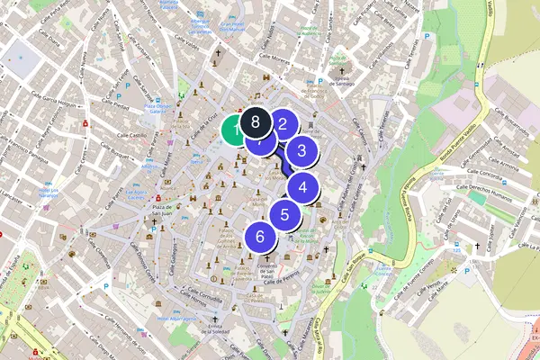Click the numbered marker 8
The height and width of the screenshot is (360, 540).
click(256, 121)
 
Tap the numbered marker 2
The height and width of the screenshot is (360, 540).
click(283, 125)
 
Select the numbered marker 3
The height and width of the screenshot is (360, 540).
click(302, 152)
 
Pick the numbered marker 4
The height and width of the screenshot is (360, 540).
click(303, 188)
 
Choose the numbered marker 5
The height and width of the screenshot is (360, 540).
click(284, 214)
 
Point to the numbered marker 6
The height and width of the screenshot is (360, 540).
click(260, 237)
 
